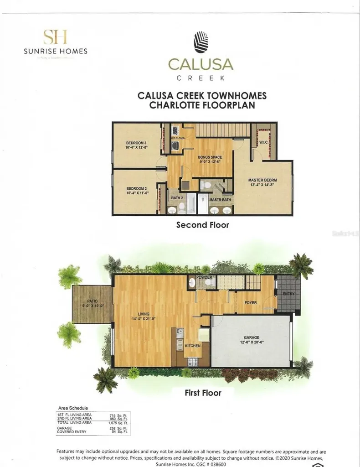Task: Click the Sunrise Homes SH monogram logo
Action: [55, 36]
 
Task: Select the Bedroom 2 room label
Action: [135, 188]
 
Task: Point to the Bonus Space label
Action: [210, 157]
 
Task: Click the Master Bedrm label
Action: [262, 180]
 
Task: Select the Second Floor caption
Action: [202, 224]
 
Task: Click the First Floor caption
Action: [203, 392]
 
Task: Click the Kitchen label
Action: [193, 346]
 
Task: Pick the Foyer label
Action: [251, 302]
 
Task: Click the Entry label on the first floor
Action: [289, 294]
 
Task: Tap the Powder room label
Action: [203, 277]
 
